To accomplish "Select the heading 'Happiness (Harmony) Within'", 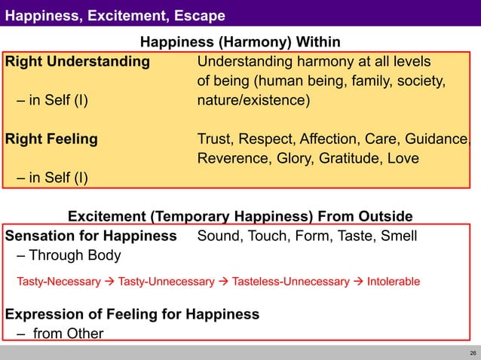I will [240, 41].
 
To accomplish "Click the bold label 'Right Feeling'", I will [51, 139].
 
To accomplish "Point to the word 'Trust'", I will [215, 139].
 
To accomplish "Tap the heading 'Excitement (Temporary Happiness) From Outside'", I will [240, 217].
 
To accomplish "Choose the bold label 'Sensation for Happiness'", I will [90, 236].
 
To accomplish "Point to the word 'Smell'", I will [399, 236].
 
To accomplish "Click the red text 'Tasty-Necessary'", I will [59, 282].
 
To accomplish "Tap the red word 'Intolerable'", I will [393, 282].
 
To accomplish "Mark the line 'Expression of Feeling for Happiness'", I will [133, 314].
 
